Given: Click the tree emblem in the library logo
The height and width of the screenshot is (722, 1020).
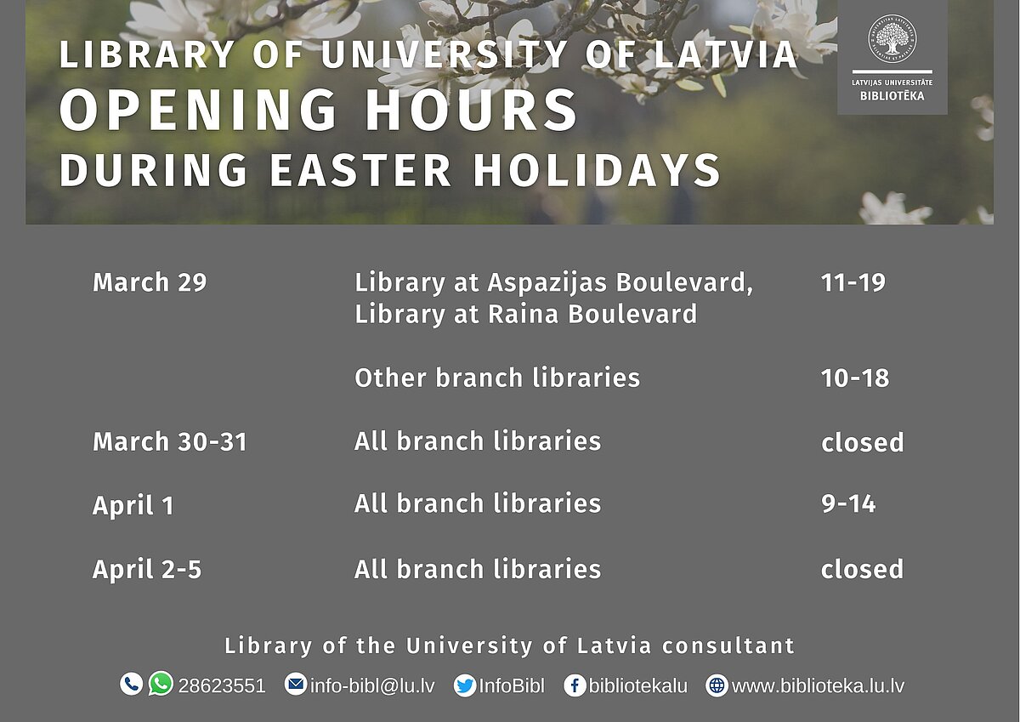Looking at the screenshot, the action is (892, 38).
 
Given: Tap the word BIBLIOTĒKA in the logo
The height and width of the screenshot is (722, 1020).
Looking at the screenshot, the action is (892, 95).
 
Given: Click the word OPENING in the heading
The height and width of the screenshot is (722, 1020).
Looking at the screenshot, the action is (198, 110).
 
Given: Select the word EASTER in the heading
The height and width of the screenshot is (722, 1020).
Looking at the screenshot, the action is (360, 170).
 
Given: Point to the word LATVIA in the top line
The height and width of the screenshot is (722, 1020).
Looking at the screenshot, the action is (726, 54).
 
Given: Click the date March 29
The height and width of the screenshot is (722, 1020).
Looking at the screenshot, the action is (150, 282).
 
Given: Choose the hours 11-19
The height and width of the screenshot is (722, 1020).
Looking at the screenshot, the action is (853, 282).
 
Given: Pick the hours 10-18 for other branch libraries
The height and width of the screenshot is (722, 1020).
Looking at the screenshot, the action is (855, 378).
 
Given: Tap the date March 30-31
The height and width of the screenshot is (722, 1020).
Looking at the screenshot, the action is (170, 441).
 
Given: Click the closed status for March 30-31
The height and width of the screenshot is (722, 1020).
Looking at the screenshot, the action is (863, 442).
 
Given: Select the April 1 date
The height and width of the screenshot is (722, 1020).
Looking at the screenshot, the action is (133, 505).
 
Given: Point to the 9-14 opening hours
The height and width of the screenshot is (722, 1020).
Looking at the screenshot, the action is (848, 504).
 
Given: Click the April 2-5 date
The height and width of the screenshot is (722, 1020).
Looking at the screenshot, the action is (146, 569).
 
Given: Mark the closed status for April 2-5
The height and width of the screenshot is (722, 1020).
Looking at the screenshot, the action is (863, 569).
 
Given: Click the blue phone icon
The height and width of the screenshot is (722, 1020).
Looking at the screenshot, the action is (132, 685).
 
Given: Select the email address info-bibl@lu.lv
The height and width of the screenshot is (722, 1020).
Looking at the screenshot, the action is (372, 685).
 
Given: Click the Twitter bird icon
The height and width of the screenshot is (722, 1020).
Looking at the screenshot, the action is (465, 685).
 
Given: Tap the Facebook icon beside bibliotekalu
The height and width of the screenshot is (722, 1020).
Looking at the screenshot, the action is (575, 685).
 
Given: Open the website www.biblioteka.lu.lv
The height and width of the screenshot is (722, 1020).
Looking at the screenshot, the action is (818, 685).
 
